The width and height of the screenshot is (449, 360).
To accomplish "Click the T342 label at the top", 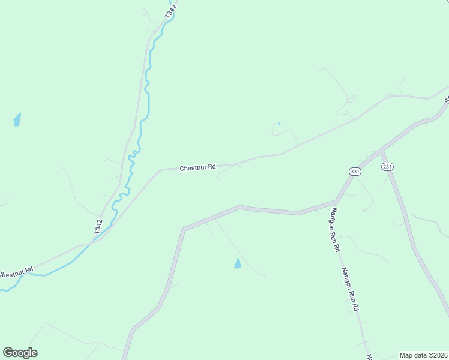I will click(x=171, y=11).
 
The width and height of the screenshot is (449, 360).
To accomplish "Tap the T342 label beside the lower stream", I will click(x=98, y=226).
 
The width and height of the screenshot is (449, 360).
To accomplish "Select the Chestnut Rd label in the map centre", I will click(x=197, y=168).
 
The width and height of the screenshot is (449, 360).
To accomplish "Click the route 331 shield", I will click(x=355, y=172).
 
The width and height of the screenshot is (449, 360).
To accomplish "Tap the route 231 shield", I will click(x=387, y=167).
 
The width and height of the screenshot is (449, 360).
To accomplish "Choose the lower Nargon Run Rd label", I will click(x=350, y=289).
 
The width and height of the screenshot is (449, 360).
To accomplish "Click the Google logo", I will click(x=20, y=353).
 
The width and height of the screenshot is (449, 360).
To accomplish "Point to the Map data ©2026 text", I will click(x=423, y=355).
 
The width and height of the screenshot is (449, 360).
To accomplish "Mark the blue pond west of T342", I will click(x=17, y=119).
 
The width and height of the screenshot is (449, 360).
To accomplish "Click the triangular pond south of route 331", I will click(x=238, y=263).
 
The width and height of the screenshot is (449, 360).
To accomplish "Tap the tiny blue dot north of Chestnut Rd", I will click(x=279, y=124).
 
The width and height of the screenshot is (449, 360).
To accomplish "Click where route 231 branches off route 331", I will click(x=382, y=149).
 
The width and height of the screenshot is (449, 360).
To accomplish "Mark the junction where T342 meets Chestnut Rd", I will click(x=91, y=243).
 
